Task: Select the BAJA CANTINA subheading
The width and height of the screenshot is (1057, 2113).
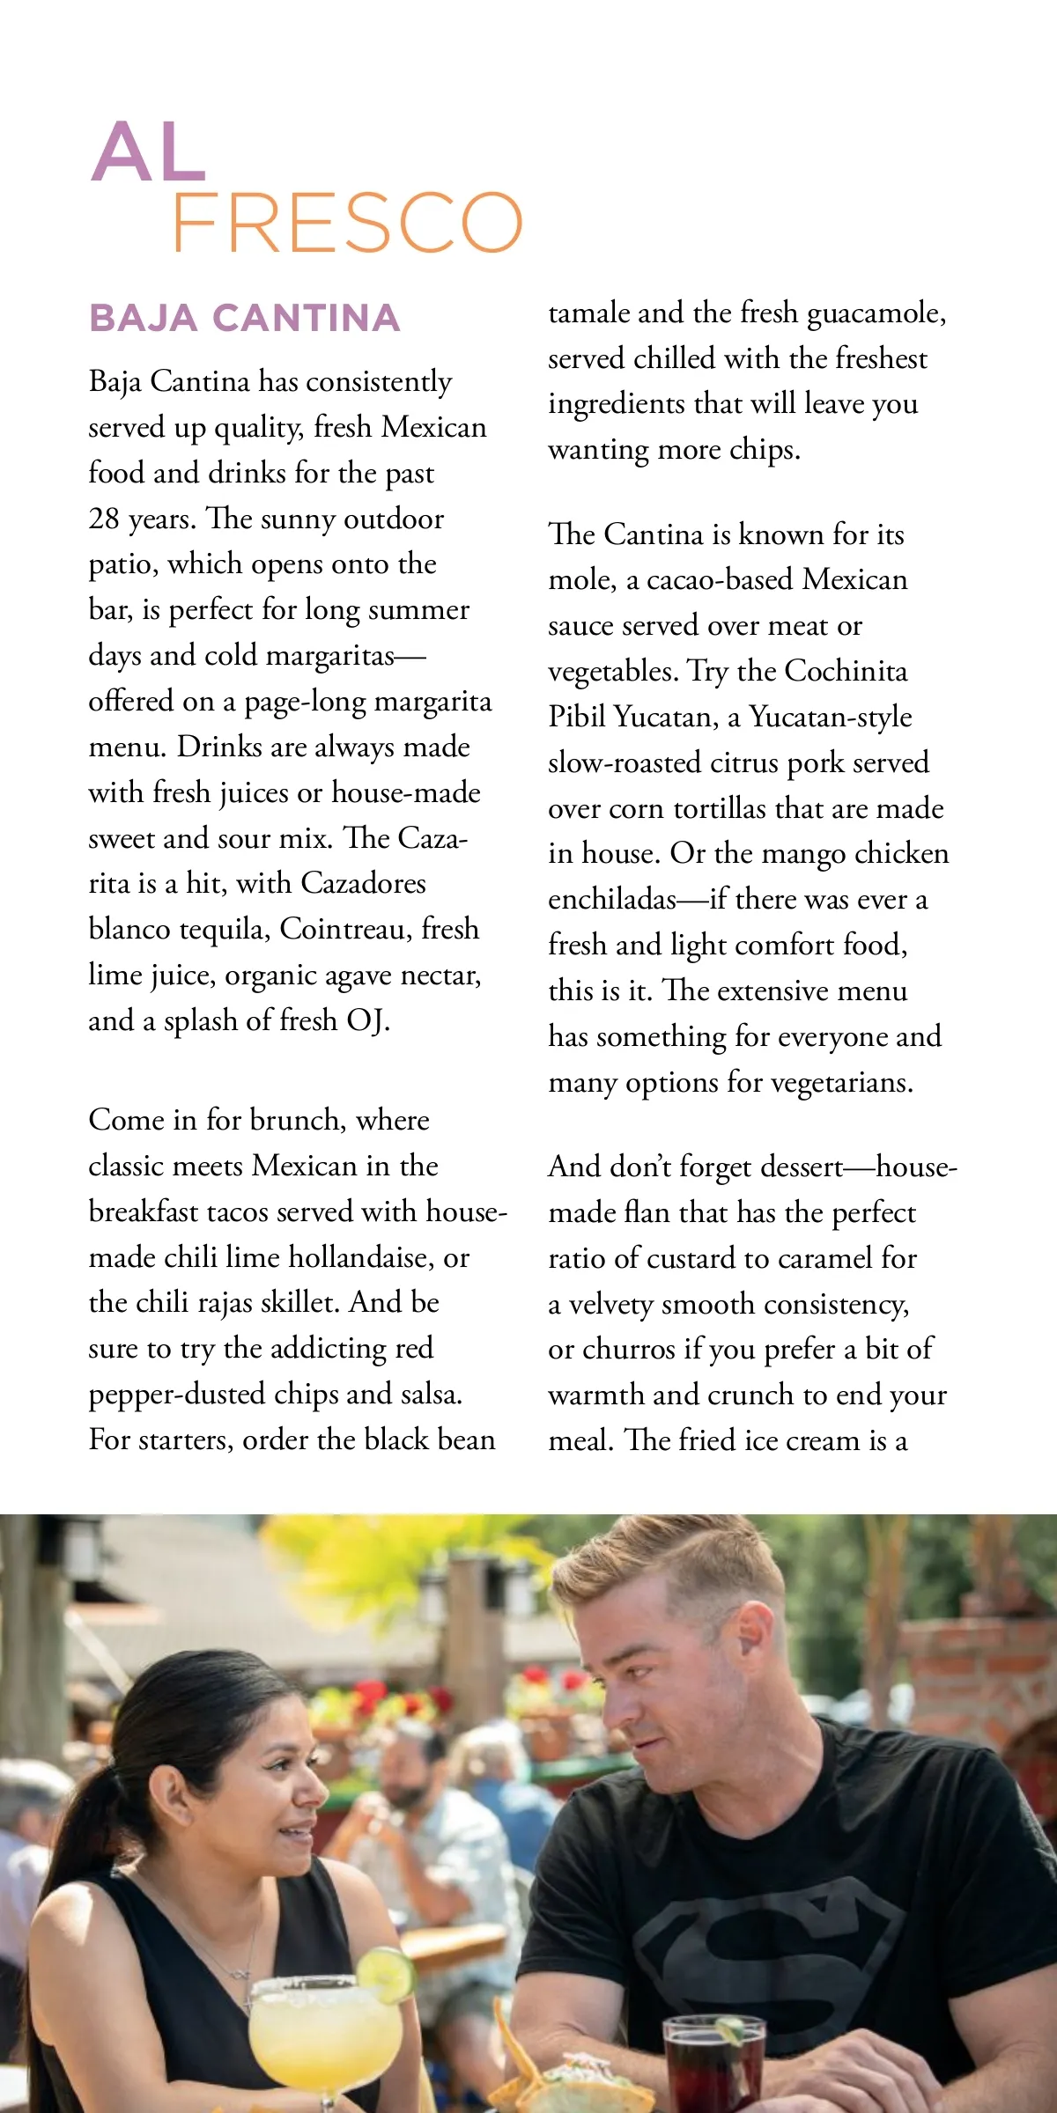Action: pyautogui.click(x=245, y=318)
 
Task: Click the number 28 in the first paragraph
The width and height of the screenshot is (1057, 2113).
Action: pyautogui.click(x=104, y=519)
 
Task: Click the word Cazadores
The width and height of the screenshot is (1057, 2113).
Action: pyautogui.click(x=364, y=883)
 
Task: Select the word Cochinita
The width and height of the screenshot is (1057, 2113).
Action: pyautogui.click(x=846, y=671)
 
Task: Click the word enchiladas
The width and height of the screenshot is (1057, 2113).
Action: pyautogui.click(x=612, y=899)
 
